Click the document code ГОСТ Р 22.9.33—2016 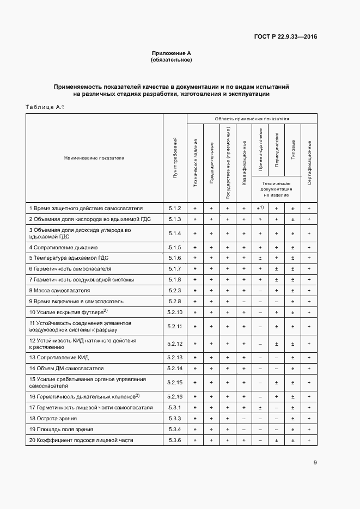pos(285,37)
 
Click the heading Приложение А pos(171,53)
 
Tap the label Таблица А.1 pos(45,107)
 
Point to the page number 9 pos(315,463)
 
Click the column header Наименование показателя pos(94,158)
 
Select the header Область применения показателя pos(252,118)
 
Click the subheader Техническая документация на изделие pos(277,189)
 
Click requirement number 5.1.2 pos(175,208)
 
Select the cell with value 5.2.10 pos(175,312)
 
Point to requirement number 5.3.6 pos(175,440)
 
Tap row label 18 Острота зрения pos(53,419)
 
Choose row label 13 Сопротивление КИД pos(59,357)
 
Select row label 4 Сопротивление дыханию pos(63,248)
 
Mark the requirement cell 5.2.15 pos(175,382)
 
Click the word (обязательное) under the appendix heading pos(171,60)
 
